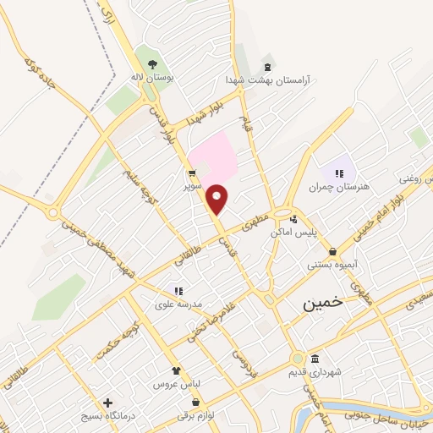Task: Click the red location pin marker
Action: (217, 198)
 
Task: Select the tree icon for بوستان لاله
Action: (152, 64)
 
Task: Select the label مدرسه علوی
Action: (178, 303)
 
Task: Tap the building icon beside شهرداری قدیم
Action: (315, 358)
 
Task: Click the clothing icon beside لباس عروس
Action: (176, 370)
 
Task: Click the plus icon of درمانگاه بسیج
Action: (107, 403)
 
